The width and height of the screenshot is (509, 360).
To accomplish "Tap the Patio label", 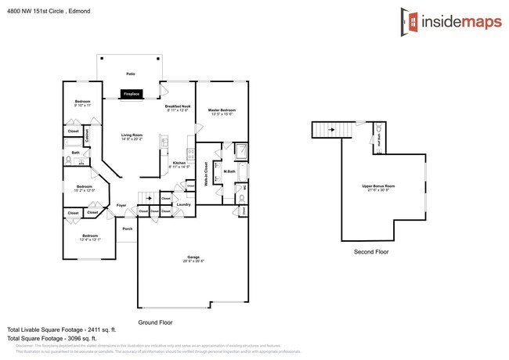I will [130, 74].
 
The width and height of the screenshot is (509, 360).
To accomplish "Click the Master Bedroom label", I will [222, 110].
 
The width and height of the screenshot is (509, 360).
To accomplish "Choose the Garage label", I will [193, 257].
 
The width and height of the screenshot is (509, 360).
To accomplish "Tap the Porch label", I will [127, 229].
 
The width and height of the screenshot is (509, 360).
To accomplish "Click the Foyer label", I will [121, 205].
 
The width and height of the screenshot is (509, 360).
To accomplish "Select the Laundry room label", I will [183, 205].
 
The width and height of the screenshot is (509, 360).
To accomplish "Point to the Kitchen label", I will [179, 163].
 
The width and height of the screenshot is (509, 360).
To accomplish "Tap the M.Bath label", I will [229, 171].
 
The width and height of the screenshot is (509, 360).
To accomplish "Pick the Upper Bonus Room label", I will [377, 186].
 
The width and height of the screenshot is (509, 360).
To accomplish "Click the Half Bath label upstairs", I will [379, 139].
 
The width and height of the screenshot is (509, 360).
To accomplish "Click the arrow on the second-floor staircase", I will [330, 130].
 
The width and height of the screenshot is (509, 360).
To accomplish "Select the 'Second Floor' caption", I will [371, 252].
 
